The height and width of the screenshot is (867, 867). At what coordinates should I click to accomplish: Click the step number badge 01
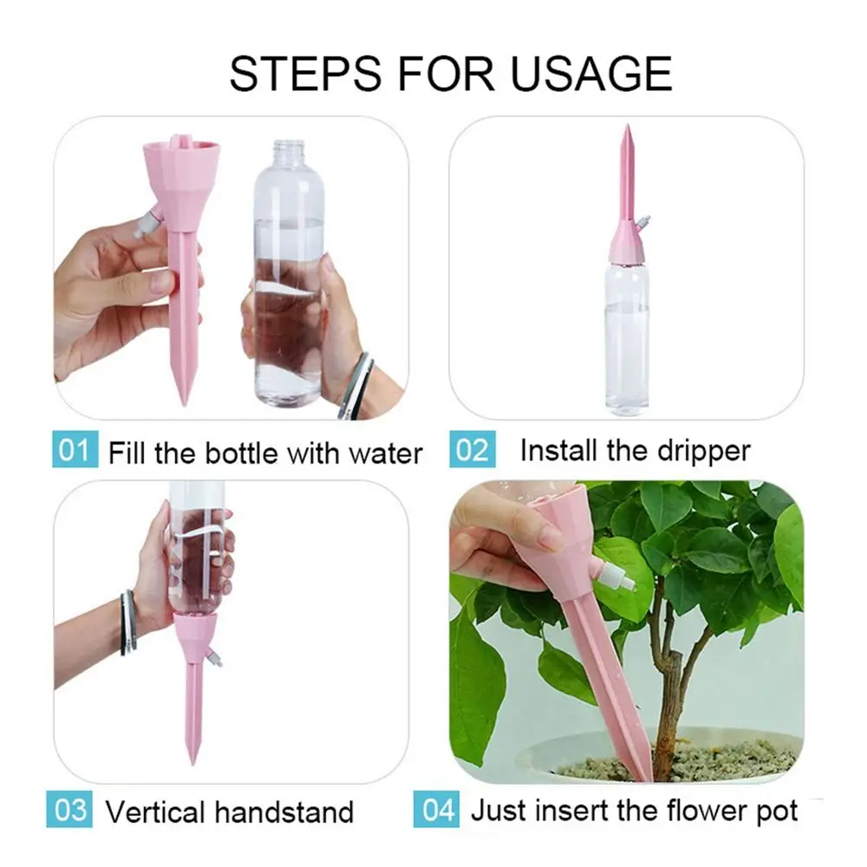pos(74,452)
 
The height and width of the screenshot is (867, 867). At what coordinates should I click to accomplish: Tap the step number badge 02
pos(472,451)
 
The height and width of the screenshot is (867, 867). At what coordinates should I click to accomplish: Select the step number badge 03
pos(71,811)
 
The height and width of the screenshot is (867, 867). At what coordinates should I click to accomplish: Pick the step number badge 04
pos(439,811)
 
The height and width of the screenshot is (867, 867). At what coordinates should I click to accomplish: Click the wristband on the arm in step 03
pos(128,622)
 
